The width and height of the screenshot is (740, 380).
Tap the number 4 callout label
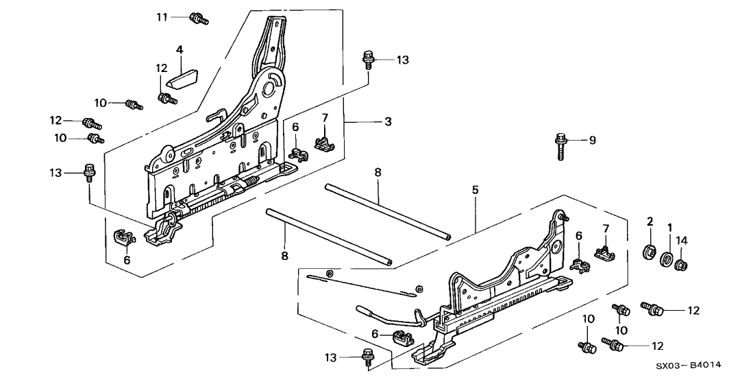point(180,49)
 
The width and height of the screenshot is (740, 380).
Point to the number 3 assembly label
point(387,122)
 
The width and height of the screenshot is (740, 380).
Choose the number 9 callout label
point(593,141)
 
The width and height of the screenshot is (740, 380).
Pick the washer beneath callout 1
point(665,261)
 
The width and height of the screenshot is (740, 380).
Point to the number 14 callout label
point(682,241)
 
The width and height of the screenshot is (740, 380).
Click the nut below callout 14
point(682,264)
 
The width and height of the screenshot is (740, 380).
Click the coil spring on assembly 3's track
point(249,182)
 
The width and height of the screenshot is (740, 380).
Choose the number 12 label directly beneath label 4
point(161,68)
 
